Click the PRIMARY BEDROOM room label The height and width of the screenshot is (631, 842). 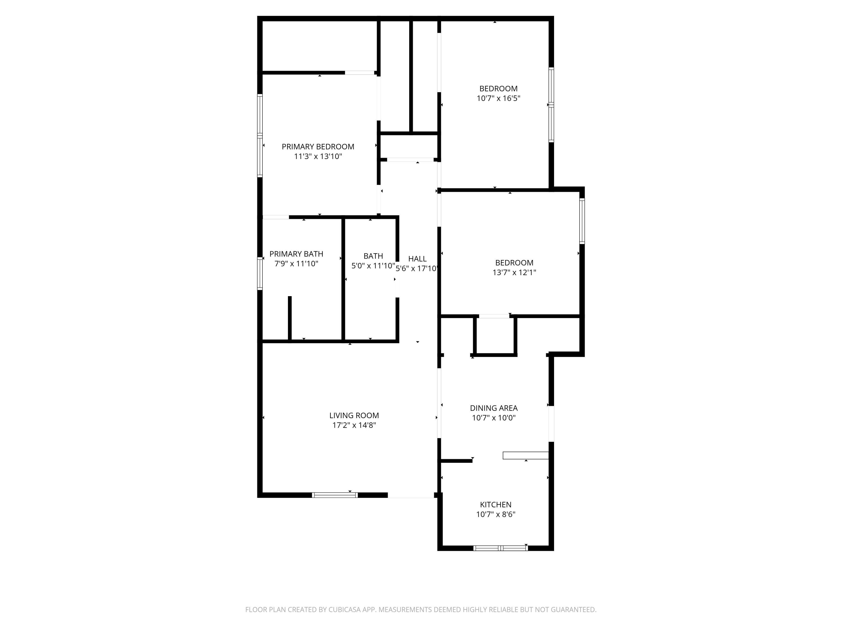coord(318,146)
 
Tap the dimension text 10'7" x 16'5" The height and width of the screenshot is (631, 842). coord(498,98)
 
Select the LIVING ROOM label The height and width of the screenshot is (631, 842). coord(354,415)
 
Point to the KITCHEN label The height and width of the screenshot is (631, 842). coord(496,504)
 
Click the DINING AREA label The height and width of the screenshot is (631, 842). coord(494,408)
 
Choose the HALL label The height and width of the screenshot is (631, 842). coord(417,259)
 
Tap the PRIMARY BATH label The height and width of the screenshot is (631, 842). coord(296,254)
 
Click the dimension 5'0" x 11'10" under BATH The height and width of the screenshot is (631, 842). coord(373,266)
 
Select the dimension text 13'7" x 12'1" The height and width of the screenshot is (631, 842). coord(514,272)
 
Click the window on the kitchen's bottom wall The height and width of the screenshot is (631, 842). coord(500,548)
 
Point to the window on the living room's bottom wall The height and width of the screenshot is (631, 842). coord(335,495)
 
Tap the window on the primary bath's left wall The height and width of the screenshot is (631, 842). coord(260,273)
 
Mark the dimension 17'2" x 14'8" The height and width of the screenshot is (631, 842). coord(354,425)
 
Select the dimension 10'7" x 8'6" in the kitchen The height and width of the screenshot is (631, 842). coord(496,514)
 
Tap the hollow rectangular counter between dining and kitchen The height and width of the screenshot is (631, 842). coord(525,455)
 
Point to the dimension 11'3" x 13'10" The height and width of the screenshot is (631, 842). coord(318,156)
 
